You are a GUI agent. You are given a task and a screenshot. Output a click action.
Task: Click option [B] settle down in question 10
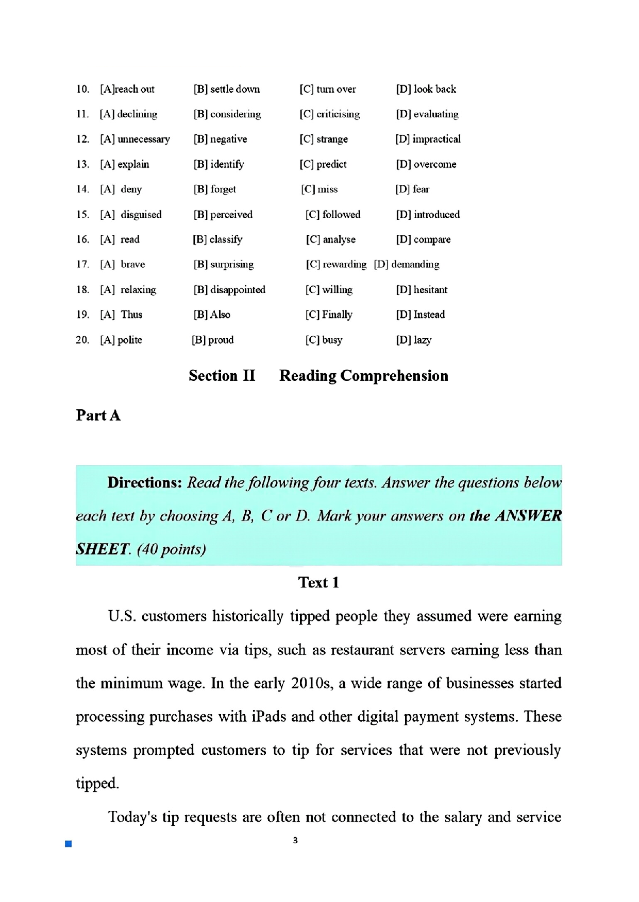point(227,89)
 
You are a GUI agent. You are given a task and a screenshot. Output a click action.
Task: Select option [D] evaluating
point(427,114)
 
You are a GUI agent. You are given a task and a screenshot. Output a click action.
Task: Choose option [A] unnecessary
point(134,139)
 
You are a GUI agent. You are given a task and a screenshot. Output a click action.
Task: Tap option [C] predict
point(323,164)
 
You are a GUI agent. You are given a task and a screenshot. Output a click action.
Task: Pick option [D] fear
point(412,189)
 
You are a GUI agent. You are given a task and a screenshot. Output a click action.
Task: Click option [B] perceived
point(223,214)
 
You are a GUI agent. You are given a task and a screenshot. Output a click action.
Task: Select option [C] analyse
point(330,239)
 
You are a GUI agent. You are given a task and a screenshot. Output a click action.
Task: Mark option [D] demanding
point(407,264)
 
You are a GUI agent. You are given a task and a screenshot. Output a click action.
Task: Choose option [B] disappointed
point(229,289)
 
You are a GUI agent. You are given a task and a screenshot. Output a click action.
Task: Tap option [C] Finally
point(329,315)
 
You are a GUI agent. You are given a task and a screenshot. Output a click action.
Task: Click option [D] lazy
point(413,340)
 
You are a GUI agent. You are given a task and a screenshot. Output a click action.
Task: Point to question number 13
point(82,164)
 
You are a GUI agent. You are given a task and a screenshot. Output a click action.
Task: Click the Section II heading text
point(222,376)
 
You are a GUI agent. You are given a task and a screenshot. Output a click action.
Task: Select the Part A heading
point(98,415)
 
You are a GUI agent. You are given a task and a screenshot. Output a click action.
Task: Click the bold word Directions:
point(144,482)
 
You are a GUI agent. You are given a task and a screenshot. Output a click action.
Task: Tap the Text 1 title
point(318,582)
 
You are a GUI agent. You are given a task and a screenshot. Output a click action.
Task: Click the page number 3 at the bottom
point(295,840)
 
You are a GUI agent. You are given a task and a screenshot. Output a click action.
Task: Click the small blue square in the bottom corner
point(68,843)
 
